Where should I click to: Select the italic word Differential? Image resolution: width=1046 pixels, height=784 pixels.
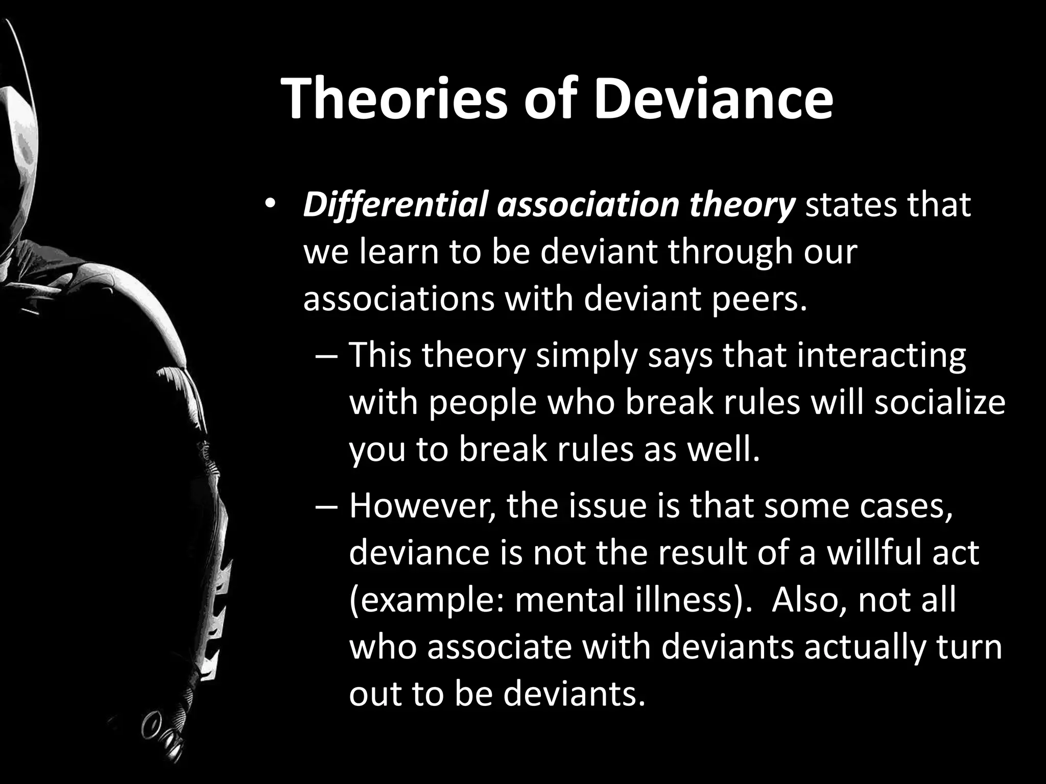(x=395, y=205)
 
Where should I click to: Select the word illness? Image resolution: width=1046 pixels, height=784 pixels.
(x=690, y=600)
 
